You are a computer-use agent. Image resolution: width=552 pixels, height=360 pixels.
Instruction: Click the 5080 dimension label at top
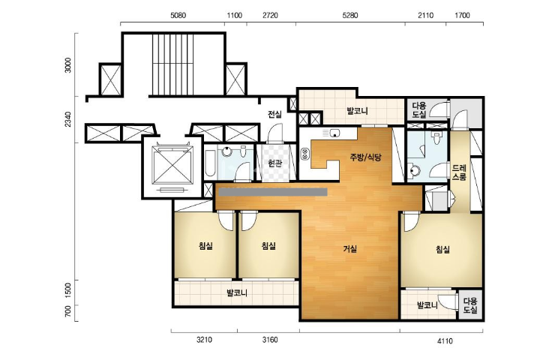coord(178,16)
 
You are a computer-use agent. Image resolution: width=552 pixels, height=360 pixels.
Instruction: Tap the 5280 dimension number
coord(350,16)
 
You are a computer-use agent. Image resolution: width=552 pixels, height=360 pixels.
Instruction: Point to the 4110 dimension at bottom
coord(445,340)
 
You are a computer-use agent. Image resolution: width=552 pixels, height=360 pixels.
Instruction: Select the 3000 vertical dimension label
coord(68,65)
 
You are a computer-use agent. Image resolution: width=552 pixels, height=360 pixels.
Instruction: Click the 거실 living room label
coord(350,249)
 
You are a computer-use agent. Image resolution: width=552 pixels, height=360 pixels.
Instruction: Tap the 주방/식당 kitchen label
coord(365,157)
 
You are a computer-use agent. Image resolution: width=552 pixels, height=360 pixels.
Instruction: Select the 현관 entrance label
coord(275,163)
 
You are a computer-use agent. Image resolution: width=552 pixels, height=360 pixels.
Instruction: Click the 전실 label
coord(275,114)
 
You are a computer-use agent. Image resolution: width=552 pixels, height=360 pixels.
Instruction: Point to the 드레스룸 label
coord(460,172)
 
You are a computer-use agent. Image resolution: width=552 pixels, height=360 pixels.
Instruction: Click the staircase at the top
coord(172,64)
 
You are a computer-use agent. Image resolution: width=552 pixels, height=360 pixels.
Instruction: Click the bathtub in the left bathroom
coord(211,163)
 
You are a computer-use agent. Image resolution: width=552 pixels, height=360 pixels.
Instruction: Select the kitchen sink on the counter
coord(334,133)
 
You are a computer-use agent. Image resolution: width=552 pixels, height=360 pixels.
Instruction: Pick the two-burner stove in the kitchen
coord(304,154)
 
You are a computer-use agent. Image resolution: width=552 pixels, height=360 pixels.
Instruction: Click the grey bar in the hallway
coord(273,192)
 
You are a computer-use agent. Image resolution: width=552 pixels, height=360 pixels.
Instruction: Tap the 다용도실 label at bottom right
coord(470,306)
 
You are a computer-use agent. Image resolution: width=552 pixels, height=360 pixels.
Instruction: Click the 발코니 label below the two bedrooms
coord(237,292)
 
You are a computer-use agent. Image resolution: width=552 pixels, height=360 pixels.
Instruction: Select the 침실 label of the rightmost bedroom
coord(442,250)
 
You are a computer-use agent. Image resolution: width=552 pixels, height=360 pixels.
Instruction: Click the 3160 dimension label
coord(270,340)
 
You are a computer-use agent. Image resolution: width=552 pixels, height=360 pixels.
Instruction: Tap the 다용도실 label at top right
coord(419,109)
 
